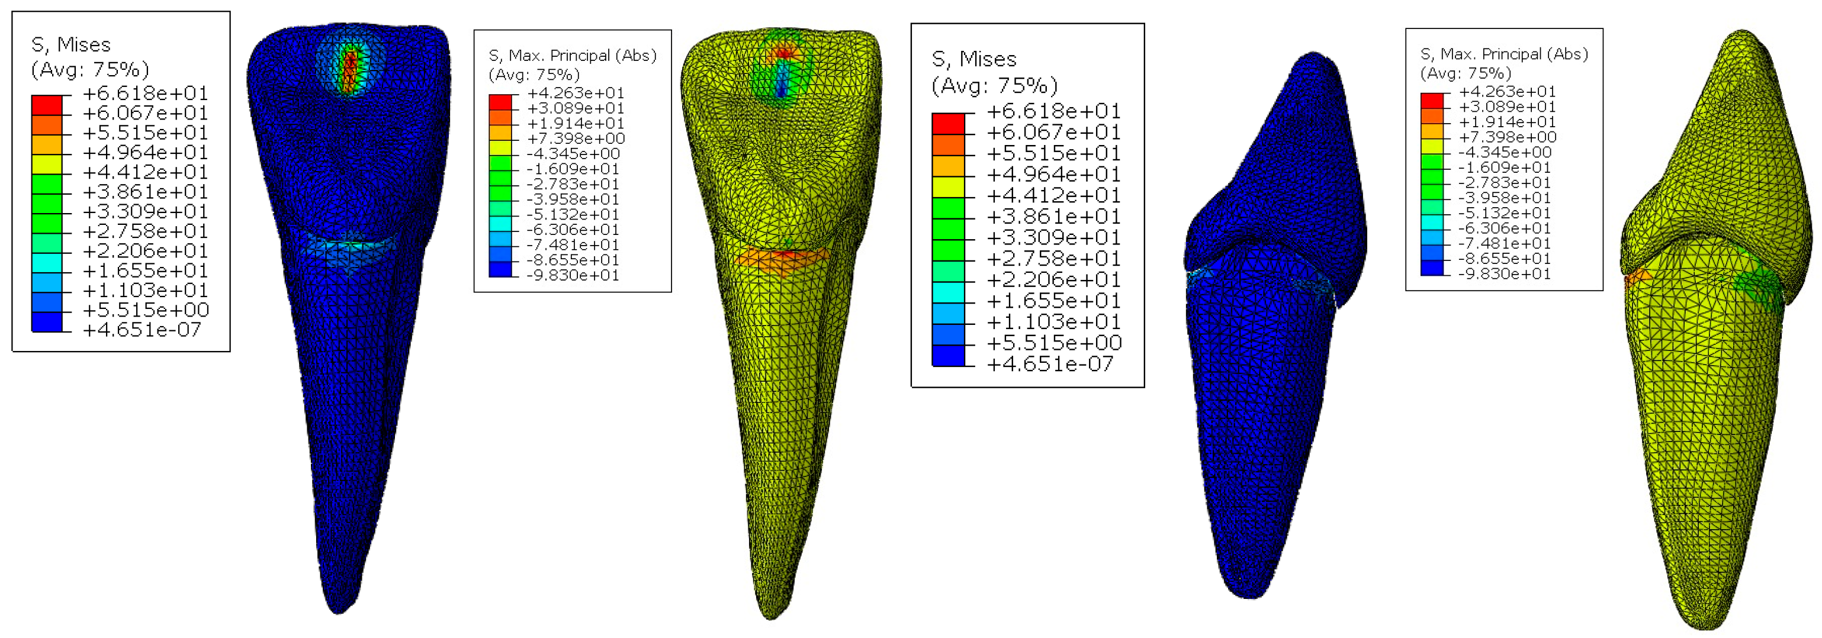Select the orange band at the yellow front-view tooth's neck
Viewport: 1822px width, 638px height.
pyautogui.click(x=782, y=258)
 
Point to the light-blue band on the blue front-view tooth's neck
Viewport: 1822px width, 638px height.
pyautogui.click(x=346, y=247)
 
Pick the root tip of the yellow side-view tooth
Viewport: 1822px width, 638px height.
pyautogui.click(x=1705, y=627)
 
